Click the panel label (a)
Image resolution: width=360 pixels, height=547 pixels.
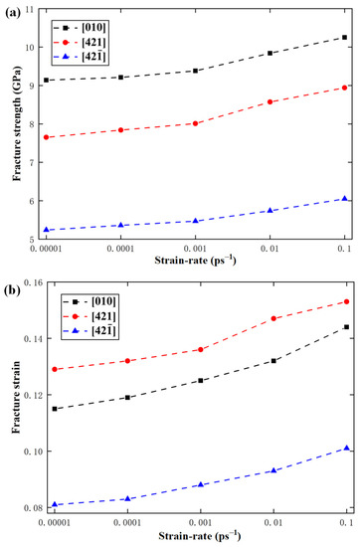point(13,11)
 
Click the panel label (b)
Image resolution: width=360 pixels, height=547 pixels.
point(13,284)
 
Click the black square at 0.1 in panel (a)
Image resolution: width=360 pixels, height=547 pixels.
point(344,37)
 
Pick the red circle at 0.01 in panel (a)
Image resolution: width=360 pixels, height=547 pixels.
point(270,101)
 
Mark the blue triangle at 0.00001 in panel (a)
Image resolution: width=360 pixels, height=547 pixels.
point(47,230)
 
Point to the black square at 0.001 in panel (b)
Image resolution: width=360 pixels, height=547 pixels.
point(196,380)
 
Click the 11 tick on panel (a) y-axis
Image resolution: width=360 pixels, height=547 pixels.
point(27,9)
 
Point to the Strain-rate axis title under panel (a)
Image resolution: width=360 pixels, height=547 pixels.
point(195,263)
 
